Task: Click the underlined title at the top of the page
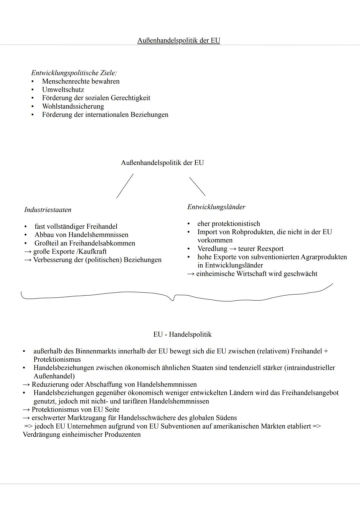tap(179, 41)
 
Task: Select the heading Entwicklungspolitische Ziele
tap(74, 73)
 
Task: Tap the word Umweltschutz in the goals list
tap(63, 90)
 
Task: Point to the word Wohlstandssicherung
tap(73, 106)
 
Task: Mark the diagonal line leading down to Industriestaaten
tap(125, 186)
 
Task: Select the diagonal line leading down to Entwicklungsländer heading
tap(197, 186)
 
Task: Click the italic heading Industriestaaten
tap(48, 210)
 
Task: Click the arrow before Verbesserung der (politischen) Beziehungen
tap(27, 260)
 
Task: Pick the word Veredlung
tap(212, 249)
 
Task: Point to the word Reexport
tap(270, 249)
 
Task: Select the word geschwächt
tap(300, 274)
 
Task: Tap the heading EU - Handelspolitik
tap(182, 334)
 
